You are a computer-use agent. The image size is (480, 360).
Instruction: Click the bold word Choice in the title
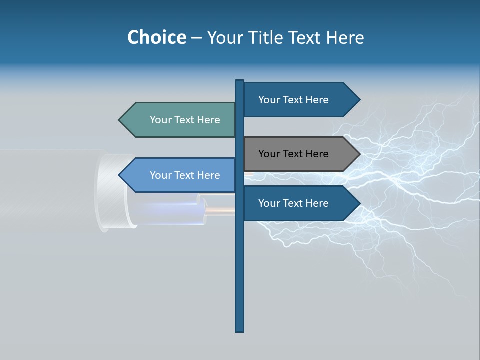pos(156,37)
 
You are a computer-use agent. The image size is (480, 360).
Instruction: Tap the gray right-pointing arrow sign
pos(295,154)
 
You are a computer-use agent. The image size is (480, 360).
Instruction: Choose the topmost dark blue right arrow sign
pos(295,100)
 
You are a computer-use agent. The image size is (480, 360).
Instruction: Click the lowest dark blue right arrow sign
pos(295,203)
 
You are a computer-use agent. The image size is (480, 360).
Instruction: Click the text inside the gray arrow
pos(293,154)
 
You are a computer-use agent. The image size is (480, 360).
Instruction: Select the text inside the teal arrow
pos(185,120)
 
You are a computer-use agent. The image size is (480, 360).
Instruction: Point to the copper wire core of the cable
pos(220,211)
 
